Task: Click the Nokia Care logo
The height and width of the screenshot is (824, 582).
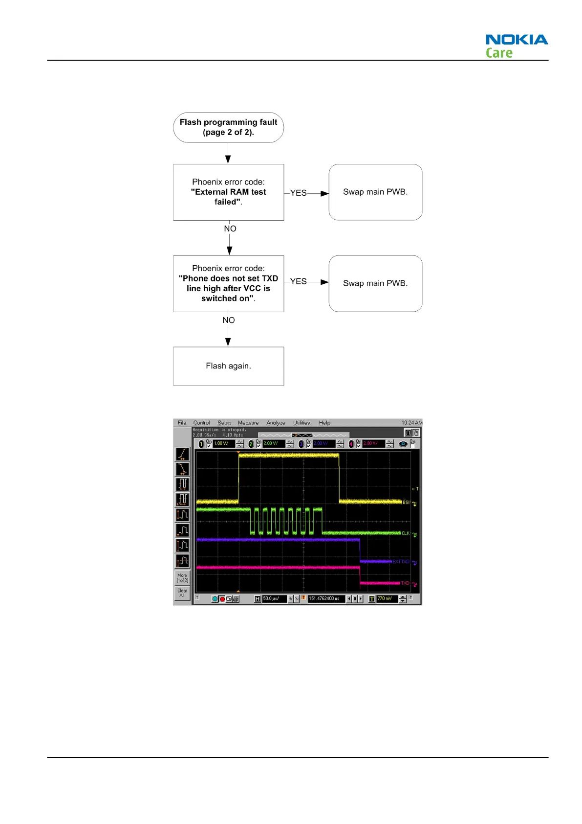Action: [516, 46]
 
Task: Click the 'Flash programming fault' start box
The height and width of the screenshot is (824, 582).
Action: [228, 127]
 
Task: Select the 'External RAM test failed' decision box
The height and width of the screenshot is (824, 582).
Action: [228, 192]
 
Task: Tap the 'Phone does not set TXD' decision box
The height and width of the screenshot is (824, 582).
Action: [228, 283]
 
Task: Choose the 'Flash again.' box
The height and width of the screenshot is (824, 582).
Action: [228, 366]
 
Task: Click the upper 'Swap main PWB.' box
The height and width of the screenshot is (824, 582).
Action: [375, 192]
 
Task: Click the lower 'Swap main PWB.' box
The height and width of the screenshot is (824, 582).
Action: [375, 283]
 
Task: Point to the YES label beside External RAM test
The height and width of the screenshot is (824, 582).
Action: [298, 193]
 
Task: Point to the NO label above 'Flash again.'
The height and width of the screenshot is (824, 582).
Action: [229, 320]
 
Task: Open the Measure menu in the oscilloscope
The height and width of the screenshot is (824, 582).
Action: [248, 423]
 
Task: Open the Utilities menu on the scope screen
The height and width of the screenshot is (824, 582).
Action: [301, 423]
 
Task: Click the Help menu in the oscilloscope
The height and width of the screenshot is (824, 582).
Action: [324, 423]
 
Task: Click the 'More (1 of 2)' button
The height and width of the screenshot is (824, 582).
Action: [182, 578]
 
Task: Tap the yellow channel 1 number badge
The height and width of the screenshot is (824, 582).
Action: [201, 444]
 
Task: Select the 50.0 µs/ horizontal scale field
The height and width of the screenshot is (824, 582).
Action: [274, 599]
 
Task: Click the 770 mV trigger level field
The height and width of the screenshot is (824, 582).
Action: [387, 599]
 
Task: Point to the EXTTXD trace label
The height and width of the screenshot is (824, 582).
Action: [401, 562]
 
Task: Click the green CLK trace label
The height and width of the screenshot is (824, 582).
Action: [406, 533]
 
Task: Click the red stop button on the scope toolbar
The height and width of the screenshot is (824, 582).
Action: [222, 599]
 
